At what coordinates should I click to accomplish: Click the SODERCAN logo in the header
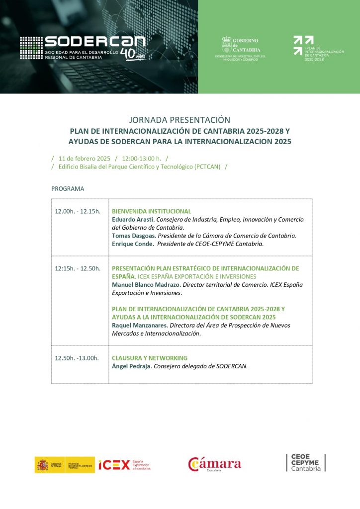click(83, 48)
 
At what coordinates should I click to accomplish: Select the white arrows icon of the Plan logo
click(297, 45)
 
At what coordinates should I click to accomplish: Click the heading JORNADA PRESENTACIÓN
click(180, 120)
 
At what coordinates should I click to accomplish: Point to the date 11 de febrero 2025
click(84, 158)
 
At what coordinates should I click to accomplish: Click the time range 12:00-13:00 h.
click(141, 158)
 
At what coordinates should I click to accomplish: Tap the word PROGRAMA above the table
click(68, 189)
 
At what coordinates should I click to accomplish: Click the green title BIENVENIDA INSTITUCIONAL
click(151, 211)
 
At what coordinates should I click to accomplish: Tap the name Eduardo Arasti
click(132, 219)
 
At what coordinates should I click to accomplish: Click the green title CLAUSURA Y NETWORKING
click(150, 358)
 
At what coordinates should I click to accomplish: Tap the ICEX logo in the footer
click(124, 465)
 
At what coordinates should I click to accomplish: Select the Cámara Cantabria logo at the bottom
click(214, 464)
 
